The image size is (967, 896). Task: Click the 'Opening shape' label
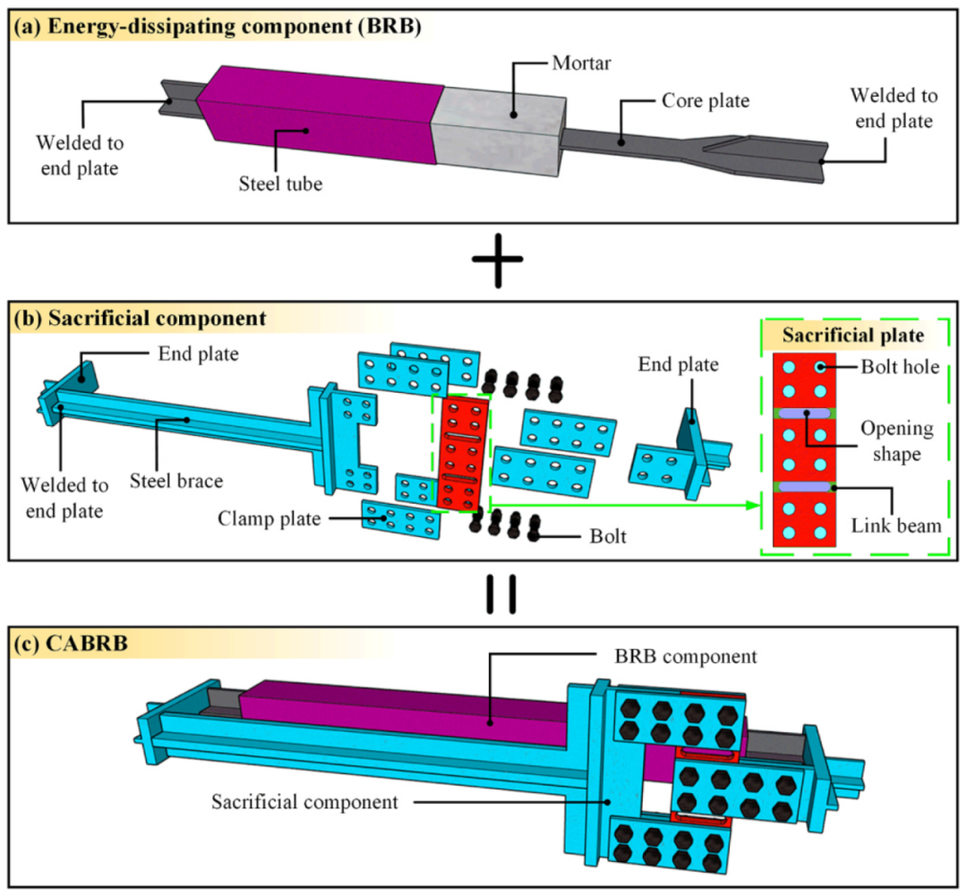tap(892, 440)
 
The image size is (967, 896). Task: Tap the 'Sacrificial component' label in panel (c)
tap(304, 801)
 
